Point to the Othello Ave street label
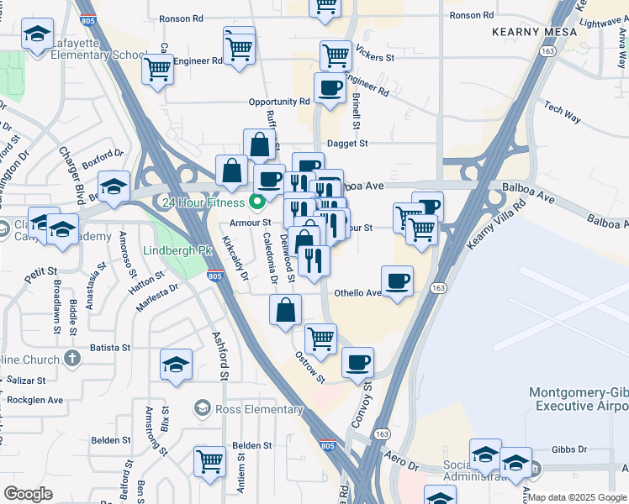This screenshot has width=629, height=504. pyautogui.click(x=358, y=293)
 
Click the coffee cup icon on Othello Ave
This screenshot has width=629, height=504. pyautogui.click(x=397, y=281)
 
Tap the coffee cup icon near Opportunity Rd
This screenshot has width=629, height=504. pyautogui.click(x=330, y=87)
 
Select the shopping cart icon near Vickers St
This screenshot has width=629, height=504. pyautogui.click(x=336, y=55)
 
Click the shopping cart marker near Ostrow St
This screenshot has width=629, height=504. pyautogui.click(x=320, y=339)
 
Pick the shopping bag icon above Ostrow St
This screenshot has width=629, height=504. pyautogui.click(x=286, y=309)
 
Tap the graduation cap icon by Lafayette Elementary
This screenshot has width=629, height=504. pyautogui.click(x=36, y=36)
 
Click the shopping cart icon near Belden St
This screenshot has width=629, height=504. pyautogui.click(x=209, y=460)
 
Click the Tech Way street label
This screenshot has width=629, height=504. pyautogui.click(x=563, y=113)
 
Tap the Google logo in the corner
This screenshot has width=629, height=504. pyautogui.click(x=28, y=494)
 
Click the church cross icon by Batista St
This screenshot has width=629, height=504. pyautogui.click(x=72, y=358)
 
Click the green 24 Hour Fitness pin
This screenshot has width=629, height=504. pyautogui.click(x=260, y=202)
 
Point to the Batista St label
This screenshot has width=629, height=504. pyautogui.click(x=110, y=347)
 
